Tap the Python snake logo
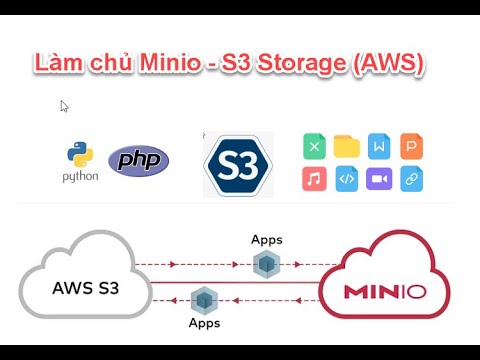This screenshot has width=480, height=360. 81,155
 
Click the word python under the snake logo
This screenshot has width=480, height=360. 81,177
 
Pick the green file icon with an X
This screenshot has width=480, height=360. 314,147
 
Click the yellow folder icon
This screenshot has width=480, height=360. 346,147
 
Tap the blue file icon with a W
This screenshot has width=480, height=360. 379,147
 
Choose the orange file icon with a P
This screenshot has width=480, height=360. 411,147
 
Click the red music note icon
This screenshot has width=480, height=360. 314,179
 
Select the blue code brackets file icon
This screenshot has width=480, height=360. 346,179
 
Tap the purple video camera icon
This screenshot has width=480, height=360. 379,179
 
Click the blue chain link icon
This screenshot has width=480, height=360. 411,179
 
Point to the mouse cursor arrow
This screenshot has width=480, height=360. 64,106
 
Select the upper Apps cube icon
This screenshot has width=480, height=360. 265,264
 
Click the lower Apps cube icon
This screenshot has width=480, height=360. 205,299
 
